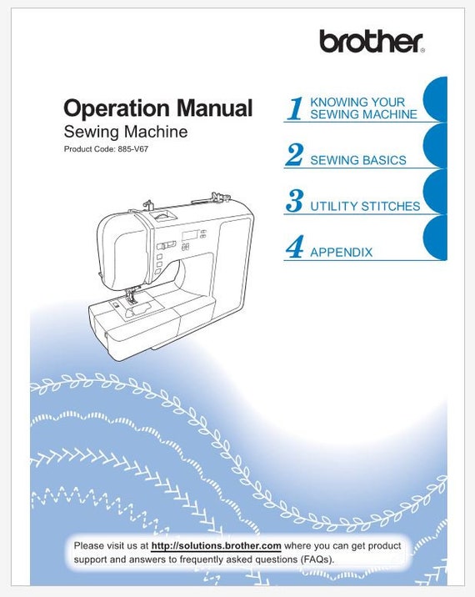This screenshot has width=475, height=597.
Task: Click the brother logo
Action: [371, 41]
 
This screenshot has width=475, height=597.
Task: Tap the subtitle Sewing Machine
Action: [125, 132]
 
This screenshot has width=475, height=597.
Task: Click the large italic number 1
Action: [294, 108]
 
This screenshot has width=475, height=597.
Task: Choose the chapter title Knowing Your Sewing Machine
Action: [362, 108]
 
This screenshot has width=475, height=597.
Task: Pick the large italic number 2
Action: [294, 155]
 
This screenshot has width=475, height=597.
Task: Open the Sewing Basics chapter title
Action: [357, 160]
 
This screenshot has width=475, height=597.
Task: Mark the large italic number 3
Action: [294, 201]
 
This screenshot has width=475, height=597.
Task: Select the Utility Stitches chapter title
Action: [364, 206]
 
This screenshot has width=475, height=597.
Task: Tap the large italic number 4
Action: [294, 248]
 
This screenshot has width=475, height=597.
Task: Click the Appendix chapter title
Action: [341, 252]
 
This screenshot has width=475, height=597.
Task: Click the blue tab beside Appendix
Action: [436, 238]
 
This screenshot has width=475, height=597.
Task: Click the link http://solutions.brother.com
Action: [216, 545]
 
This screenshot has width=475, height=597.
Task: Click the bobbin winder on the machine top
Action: [218, 196]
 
